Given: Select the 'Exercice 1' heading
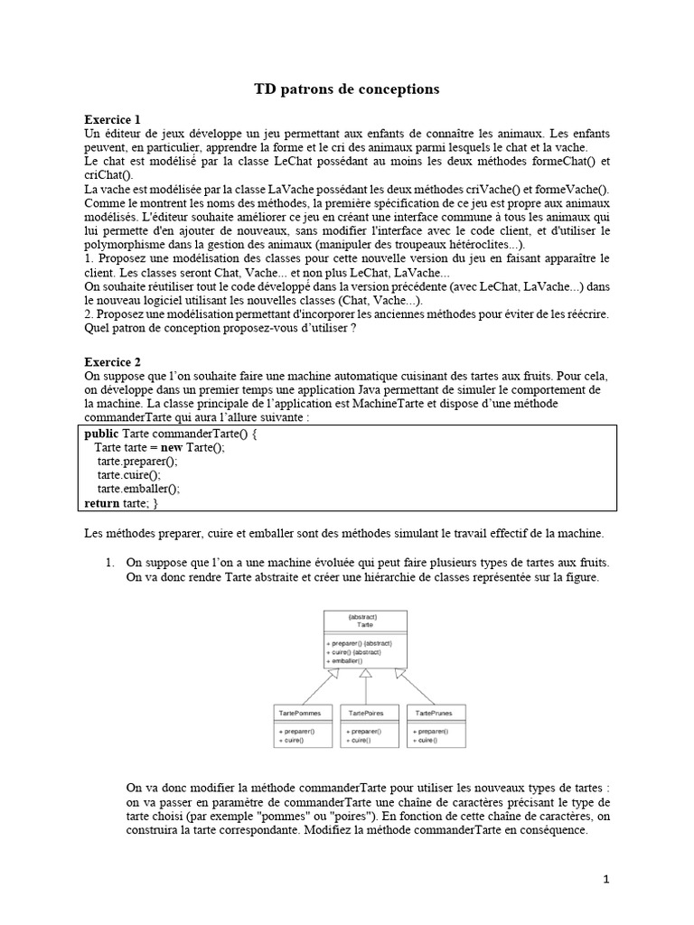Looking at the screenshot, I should [x=112, y=119].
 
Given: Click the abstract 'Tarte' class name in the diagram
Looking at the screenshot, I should [x=365, y=623].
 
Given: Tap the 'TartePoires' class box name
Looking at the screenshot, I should [x=366, y=713].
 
